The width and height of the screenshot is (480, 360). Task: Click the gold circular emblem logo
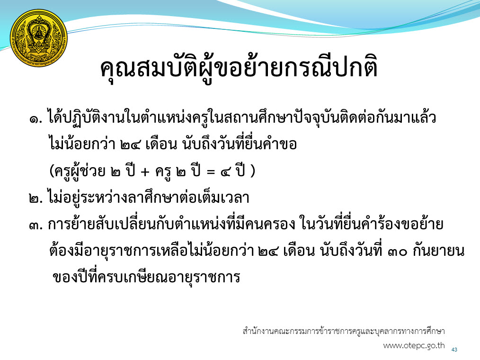pos(38,38)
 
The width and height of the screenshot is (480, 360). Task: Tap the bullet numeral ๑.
pos(36,118)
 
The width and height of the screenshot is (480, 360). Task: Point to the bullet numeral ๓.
pos(36,225)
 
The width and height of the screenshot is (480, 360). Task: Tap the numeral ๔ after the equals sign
pos(225,171)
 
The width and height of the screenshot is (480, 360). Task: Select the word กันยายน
pos(439,251)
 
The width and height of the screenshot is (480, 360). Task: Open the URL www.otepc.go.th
pos(414,346)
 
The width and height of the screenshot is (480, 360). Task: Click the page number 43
pos(454,350)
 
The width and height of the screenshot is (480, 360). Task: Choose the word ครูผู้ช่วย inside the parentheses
pos(80,171)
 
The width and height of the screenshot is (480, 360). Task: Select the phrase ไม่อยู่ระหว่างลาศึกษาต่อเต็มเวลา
pos(149,198)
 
